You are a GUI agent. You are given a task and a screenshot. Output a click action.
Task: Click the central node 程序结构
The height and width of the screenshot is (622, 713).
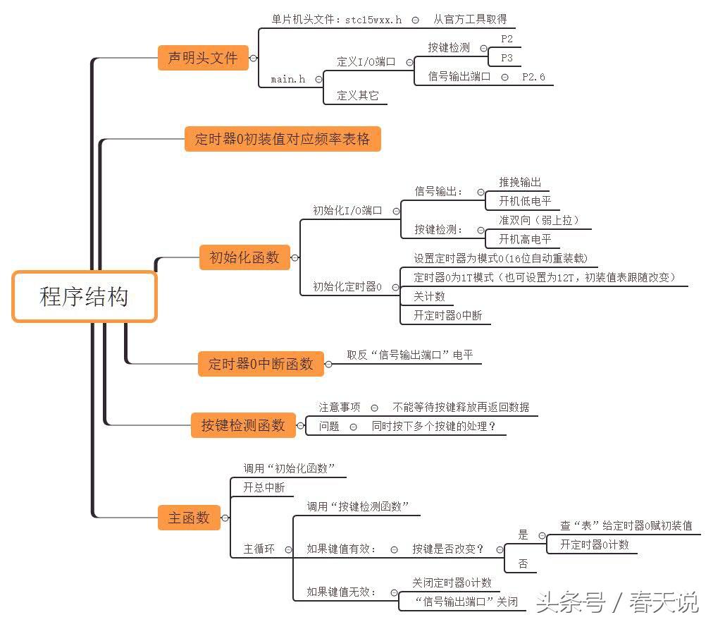(84, 297)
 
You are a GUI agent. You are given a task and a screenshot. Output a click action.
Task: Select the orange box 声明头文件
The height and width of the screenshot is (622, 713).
(203, 58)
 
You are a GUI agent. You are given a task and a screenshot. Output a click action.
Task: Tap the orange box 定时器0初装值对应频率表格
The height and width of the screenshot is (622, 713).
(282, 139)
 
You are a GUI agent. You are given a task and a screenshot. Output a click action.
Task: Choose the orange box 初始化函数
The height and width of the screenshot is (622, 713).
(244, 257)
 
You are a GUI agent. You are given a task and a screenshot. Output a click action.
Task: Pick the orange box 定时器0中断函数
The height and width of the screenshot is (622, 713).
(261, 364)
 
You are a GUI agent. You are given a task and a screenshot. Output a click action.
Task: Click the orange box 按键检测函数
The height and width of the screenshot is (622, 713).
(243, 425)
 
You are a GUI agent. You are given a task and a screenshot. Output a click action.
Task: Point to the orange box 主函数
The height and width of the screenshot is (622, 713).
(189, 518)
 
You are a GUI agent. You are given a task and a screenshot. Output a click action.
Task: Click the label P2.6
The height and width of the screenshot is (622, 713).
(533, 77)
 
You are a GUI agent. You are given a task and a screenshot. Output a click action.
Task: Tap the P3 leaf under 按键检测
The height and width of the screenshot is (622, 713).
(507, 58)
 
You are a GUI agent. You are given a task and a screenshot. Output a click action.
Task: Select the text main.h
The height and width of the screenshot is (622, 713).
(288, 80)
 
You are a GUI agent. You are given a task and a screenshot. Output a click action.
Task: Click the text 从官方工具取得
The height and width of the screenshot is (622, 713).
(470, 20)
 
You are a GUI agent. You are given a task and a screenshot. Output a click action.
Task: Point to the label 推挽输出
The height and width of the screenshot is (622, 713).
(520, 183)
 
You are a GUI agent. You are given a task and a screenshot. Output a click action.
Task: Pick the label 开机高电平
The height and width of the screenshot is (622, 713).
(525, 239)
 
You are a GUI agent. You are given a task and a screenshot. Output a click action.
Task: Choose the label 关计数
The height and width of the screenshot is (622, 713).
(429, 296)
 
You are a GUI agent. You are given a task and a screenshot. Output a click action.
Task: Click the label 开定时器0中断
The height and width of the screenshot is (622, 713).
(448, 315)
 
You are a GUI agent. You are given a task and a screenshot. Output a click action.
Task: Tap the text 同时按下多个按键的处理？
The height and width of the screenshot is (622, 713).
(434, 426)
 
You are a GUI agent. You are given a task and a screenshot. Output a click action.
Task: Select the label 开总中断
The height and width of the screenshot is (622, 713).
(263, 487)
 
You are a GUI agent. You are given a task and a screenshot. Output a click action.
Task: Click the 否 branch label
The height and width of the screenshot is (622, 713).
(523, 563)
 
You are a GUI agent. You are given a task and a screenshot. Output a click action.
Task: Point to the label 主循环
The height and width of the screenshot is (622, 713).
(259, 549)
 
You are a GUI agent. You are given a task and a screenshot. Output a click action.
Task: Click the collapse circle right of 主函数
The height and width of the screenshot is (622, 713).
(225, 518)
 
